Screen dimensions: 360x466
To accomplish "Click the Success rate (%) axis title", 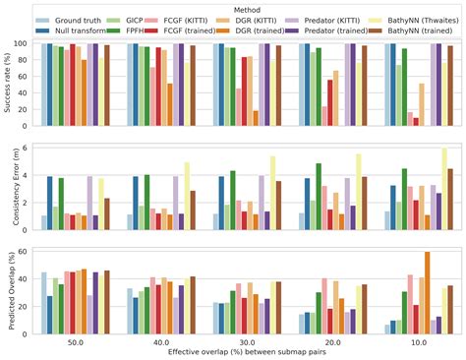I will (x=8, y=83).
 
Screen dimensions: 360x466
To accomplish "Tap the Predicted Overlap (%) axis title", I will (x=8, y=288).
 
